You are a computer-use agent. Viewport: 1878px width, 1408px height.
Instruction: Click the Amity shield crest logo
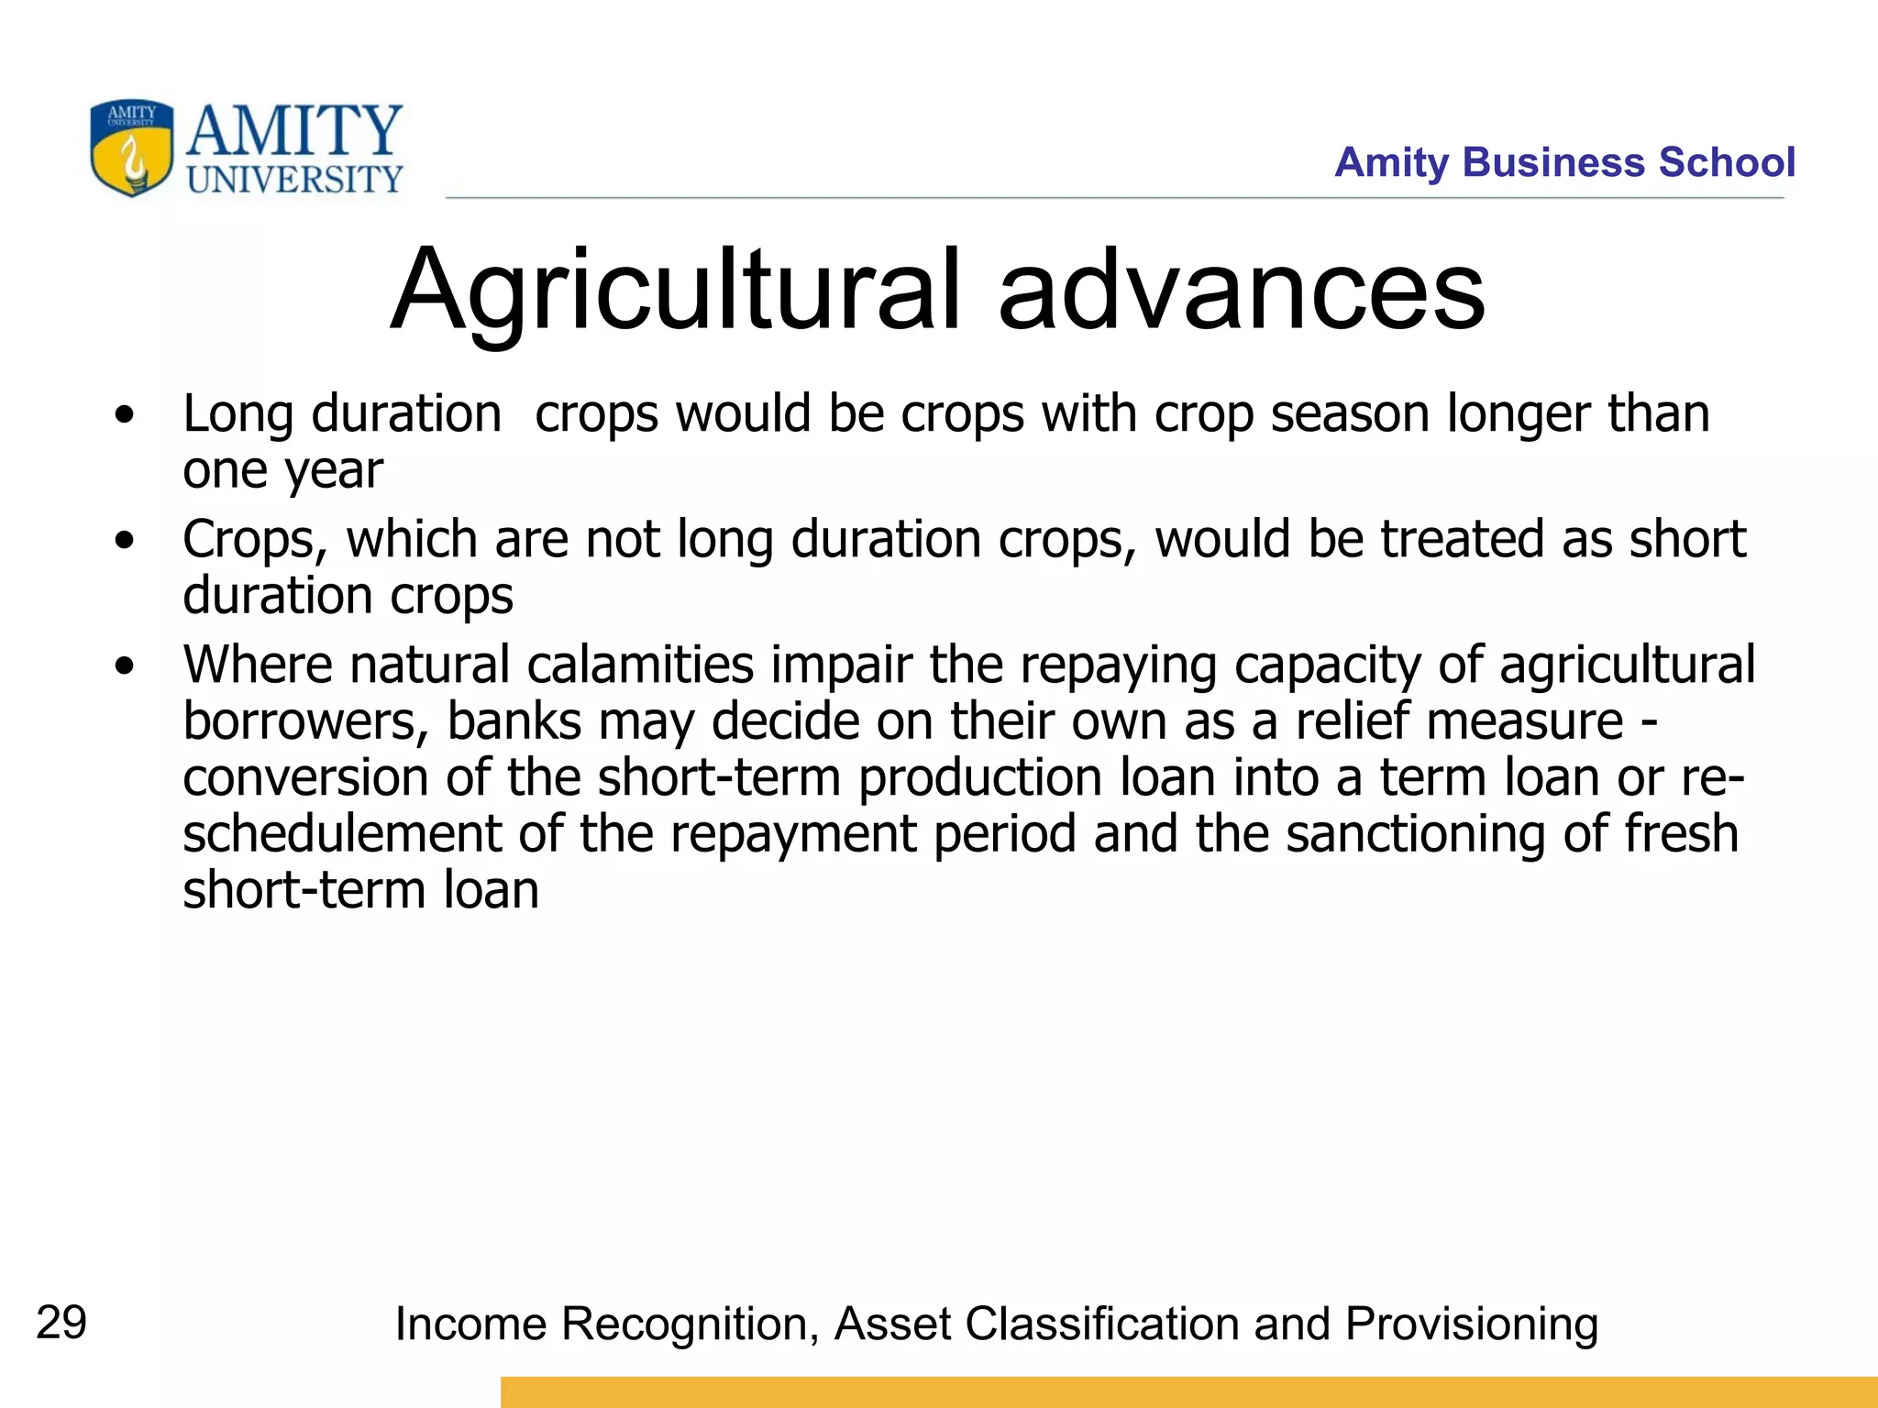point(131,148)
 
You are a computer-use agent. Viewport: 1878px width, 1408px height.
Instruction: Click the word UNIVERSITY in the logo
point(294,180)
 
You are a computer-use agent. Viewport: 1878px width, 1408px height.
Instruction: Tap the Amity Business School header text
point(1563,162)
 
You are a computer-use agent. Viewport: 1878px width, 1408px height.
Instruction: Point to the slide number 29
point(61,1323)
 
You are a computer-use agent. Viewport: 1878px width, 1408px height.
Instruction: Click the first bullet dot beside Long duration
point(125,415)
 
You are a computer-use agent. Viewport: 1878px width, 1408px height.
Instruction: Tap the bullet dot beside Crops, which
point(125,541)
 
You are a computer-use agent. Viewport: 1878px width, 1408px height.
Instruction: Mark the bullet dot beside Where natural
point(125,666)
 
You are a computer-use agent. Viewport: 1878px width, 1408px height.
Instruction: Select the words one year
point(282,471)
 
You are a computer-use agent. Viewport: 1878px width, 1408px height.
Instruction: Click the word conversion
point(305,777)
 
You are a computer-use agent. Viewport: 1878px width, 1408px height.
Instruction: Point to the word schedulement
point(341,834)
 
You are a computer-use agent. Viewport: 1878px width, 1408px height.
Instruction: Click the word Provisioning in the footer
point(1471,1325)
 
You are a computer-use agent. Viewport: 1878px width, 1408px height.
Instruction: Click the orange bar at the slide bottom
point(1188,1391)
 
